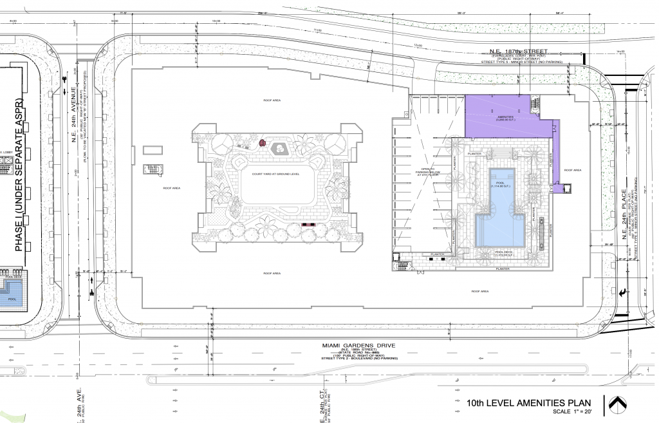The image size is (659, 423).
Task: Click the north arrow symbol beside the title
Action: click(618, 404)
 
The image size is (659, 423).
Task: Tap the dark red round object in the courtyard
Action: click(263, 142)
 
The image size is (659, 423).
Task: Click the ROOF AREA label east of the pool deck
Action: click(573, 170)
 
